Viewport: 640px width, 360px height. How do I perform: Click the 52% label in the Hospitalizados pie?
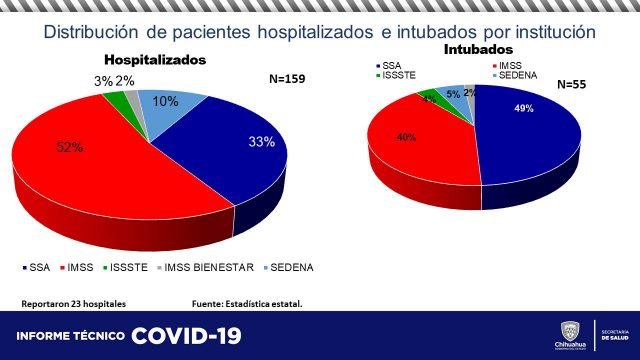[x=69, y=148]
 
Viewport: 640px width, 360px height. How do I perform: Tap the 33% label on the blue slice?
[x=262, y=142]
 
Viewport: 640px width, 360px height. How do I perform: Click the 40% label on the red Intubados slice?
[x=407, y=137]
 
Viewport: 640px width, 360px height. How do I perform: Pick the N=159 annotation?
[x=292, y=78]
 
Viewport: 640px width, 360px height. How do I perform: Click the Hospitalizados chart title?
[x=155, y=60]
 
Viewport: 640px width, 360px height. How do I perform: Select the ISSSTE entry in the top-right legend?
[x=395, y=75]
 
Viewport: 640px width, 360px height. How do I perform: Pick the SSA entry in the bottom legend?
[x=36, y=267]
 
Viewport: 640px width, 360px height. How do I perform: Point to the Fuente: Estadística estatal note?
[x=246, y=303]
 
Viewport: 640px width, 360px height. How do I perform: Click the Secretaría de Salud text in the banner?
[x=617, y=335]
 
